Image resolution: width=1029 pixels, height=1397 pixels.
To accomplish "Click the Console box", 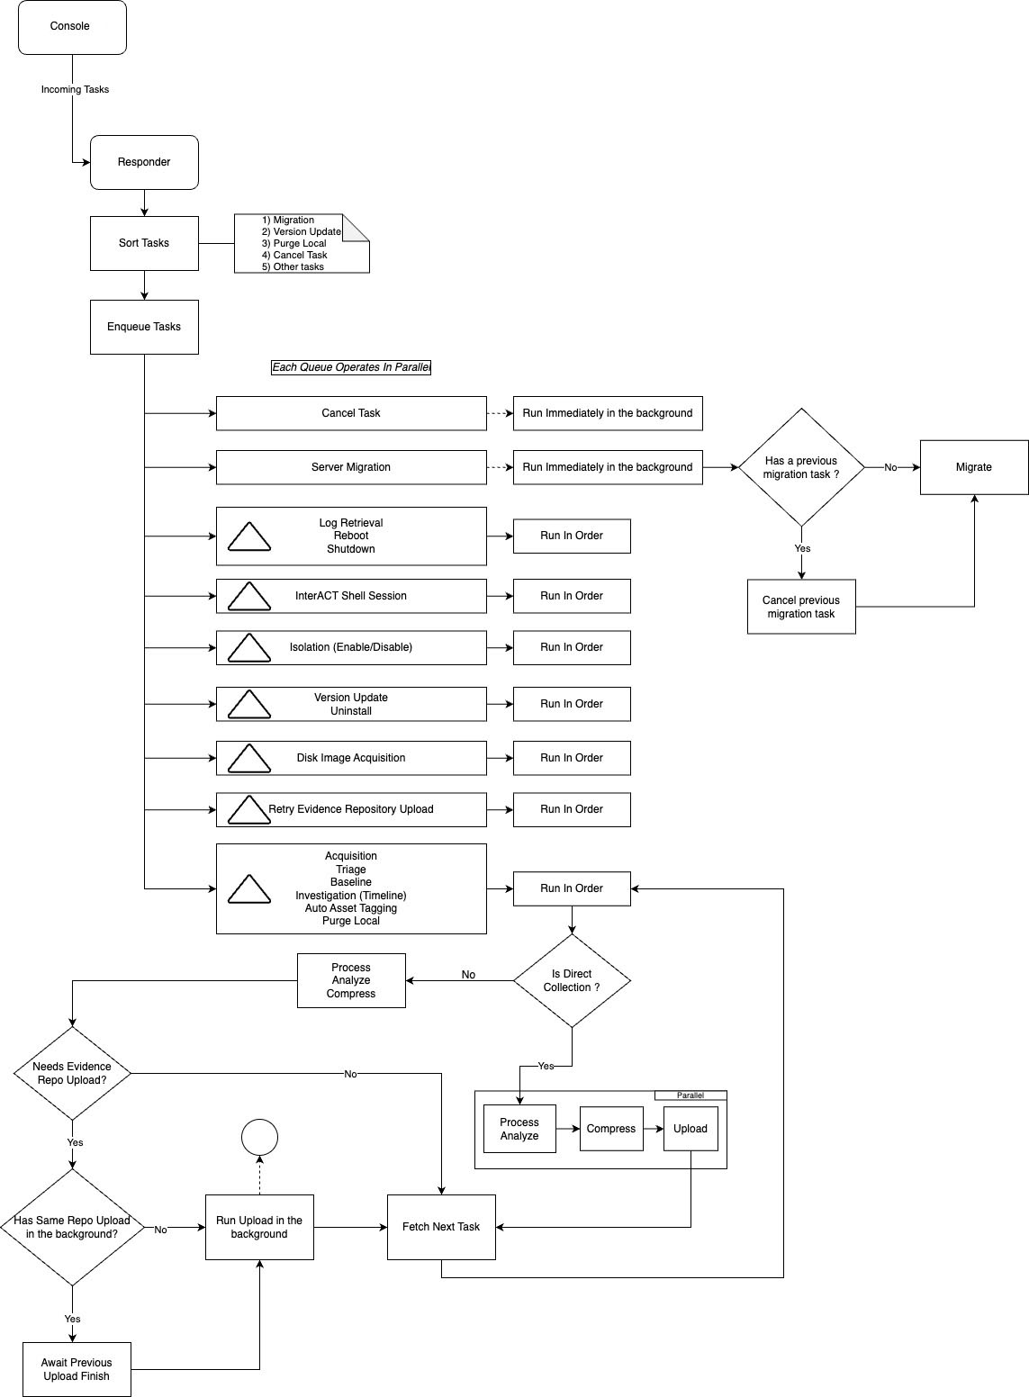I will click(72, 27).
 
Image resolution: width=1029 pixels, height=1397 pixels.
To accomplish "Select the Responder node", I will click(144, 162).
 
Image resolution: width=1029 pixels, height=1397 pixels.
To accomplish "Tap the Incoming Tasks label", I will click(75, 90).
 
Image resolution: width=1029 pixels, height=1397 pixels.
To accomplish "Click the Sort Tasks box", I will click(144, 243).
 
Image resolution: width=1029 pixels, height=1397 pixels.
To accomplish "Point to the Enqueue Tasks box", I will click(144, 327).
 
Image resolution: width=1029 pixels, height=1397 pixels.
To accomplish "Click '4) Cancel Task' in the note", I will click(294, 256).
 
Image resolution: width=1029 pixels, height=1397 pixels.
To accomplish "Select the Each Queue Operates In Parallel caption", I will click(351, 367).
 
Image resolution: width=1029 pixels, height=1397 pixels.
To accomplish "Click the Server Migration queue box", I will click(351, 467).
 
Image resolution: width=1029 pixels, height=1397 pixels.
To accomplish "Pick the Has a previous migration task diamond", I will click(801, 467).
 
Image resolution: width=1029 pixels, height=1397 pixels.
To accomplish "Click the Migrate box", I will click(974, 467).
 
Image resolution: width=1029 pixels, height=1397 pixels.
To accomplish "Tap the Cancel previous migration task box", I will click(801, 607).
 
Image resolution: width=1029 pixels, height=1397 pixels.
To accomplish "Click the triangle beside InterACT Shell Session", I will click(249, 596).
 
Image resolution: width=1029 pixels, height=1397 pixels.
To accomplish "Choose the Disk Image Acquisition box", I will click(351, 758).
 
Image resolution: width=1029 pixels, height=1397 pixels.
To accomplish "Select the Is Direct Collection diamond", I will click(572, 980).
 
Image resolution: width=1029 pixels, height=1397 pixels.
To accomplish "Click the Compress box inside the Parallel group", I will click(611, 1129).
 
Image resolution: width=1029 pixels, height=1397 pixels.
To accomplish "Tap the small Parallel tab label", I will click(691, 1095).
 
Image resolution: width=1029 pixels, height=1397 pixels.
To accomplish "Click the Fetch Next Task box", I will click(441, 1227).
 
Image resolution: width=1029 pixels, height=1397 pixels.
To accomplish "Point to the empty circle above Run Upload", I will click(259, 1137).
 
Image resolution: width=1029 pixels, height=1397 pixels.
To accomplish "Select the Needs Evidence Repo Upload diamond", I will click(72, 1073).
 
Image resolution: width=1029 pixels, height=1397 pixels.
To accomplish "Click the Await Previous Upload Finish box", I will click(77, 1369).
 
